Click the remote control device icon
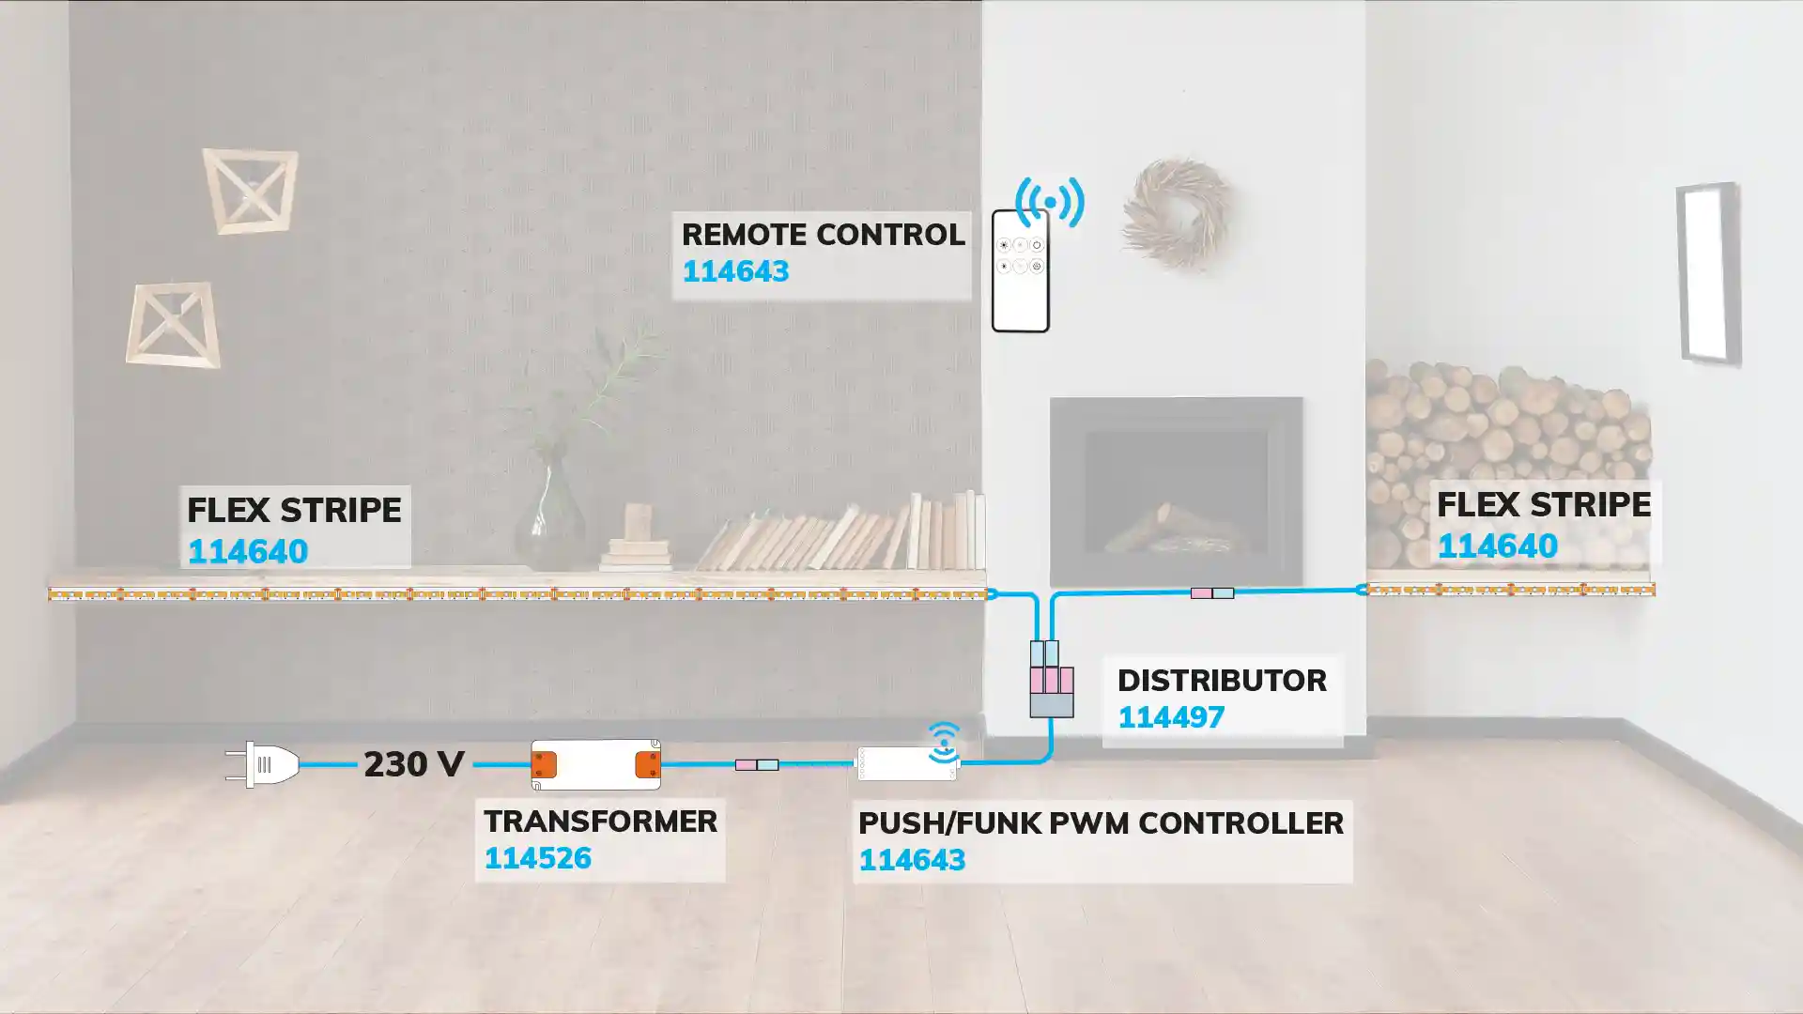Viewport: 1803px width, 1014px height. (x=1020, y=271)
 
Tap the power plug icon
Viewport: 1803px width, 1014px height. (x=263, y=764)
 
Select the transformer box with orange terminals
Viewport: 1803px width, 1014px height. (x=595, y=764)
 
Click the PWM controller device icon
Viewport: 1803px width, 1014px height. (x=906, y=764)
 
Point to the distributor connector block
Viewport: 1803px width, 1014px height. (x=1051, y=680)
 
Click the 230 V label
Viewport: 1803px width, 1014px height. (x=413, y=764)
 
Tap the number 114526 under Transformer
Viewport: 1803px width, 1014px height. (x=537, y=858)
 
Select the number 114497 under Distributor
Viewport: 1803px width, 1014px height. (x=1170, y=717)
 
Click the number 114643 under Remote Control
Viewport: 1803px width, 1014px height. (x=734, y=271)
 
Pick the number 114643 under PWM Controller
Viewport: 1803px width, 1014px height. (x=911, y=860)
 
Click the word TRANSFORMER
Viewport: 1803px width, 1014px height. (x=600, y=822)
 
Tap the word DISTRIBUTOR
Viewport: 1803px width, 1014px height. (x=1221, y=681)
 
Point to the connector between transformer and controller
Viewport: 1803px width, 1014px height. (x=756, y=765)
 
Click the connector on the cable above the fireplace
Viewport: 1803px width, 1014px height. (x=1211, y=593)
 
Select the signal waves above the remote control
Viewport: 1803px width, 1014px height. (x=1050, y=200)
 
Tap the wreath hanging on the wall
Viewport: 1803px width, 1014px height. (x=1176, y=215)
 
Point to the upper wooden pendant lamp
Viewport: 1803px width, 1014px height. (x=250, y=191)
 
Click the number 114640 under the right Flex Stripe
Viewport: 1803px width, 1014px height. (x=1497, y=546)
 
